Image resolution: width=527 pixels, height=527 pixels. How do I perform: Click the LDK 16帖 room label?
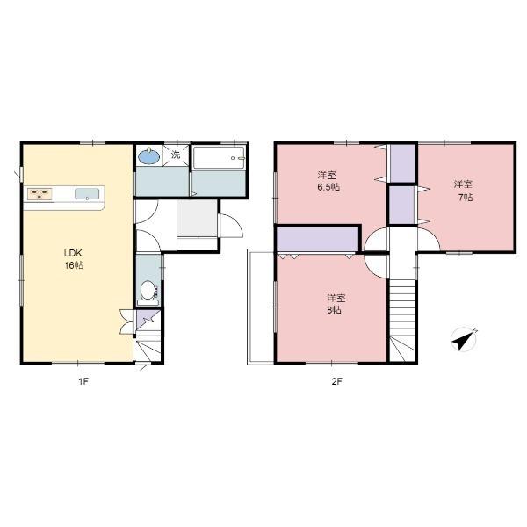pyautogui.click(x=74, y=259)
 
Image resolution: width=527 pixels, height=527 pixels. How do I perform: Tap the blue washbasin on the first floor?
pyautogui.click(x=149, y=156)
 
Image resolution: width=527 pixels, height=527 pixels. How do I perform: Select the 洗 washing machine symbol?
pyautogui.click(x=176, y=155)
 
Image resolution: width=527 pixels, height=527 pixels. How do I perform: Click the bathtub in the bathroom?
pyautogui.click(x=219, y=158)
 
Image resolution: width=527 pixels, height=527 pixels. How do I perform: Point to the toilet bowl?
pyautogui.click(x=148, y=291)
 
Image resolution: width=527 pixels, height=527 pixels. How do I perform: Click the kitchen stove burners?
pyautogui.click(x=40, y=193)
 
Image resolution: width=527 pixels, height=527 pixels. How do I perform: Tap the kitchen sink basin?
pyautogui.click(x=87, y=194)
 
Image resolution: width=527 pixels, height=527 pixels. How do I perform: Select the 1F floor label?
pyautogui.click(x=83, y=381)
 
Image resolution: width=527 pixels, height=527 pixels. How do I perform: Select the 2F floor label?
pyautogui.click(x=336, y=381)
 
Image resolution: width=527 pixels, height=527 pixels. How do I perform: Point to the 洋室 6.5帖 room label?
pyautogui.click(x=328, y=181)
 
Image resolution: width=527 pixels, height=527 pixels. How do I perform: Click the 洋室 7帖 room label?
pyautogui.click(x=464, y=191)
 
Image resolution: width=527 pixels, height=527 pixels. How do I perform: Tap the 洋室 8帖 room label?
pyautogui.click(x=336, y=304)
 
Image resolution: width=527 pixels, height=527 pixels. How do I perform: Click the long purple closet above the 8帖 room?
pyautogui.click(x=318, y=239)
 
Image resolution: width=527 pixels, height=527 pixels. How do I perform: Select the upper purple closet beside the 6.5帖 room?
pyautogui.click(x=402, y=163)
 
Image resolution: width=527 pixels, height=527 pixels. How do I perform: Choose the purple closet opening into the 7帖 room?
pyautogui.click(x=401, y=205)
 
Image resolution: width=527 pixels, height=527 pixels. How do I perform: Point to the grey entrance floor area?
pyautogui.click(x=197, y=218)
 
